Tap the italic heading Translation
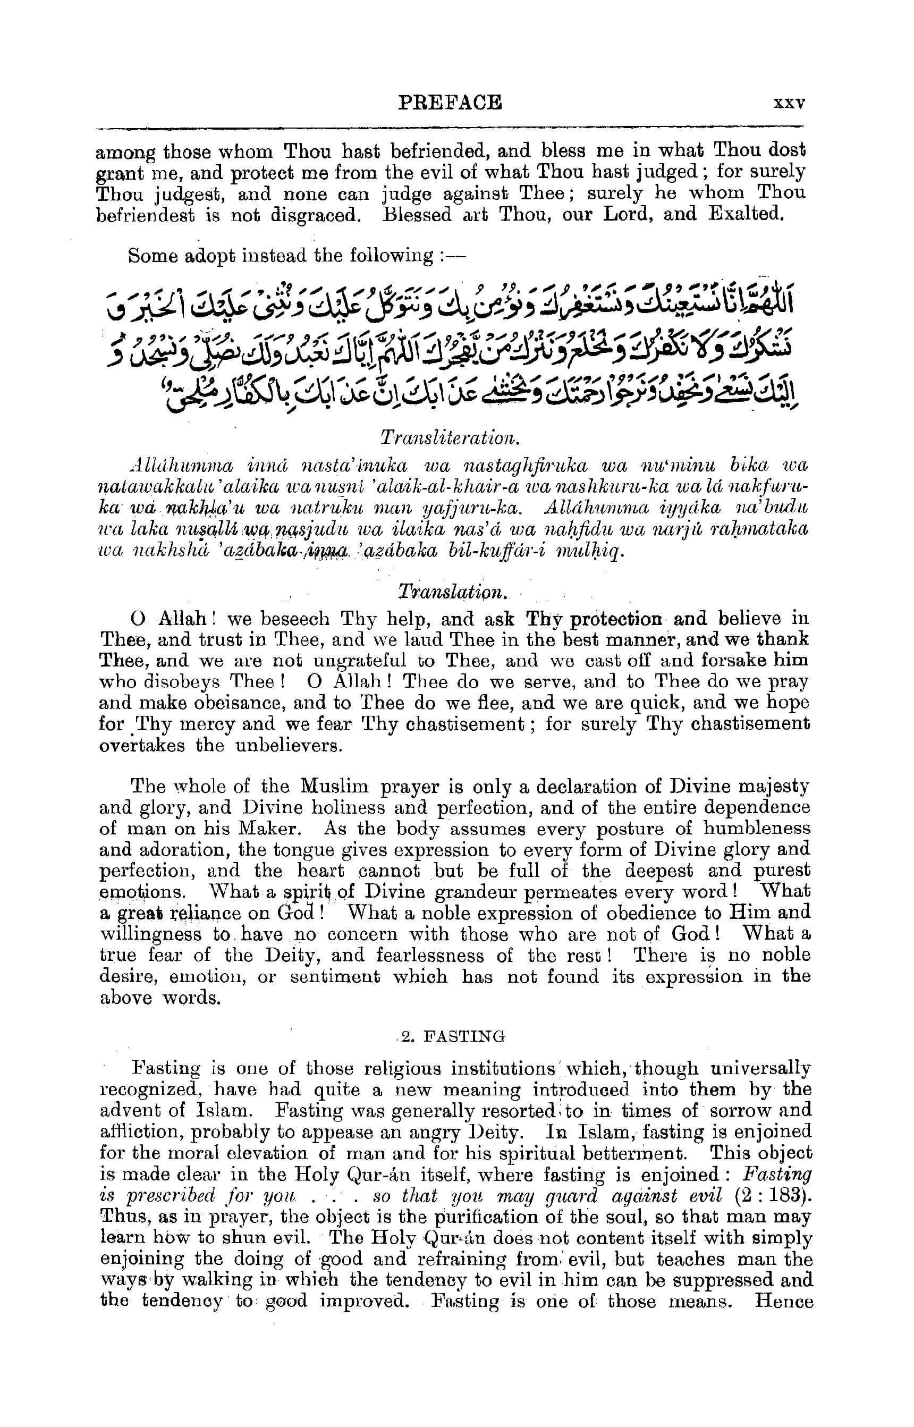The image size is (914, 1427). [452, 593]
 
